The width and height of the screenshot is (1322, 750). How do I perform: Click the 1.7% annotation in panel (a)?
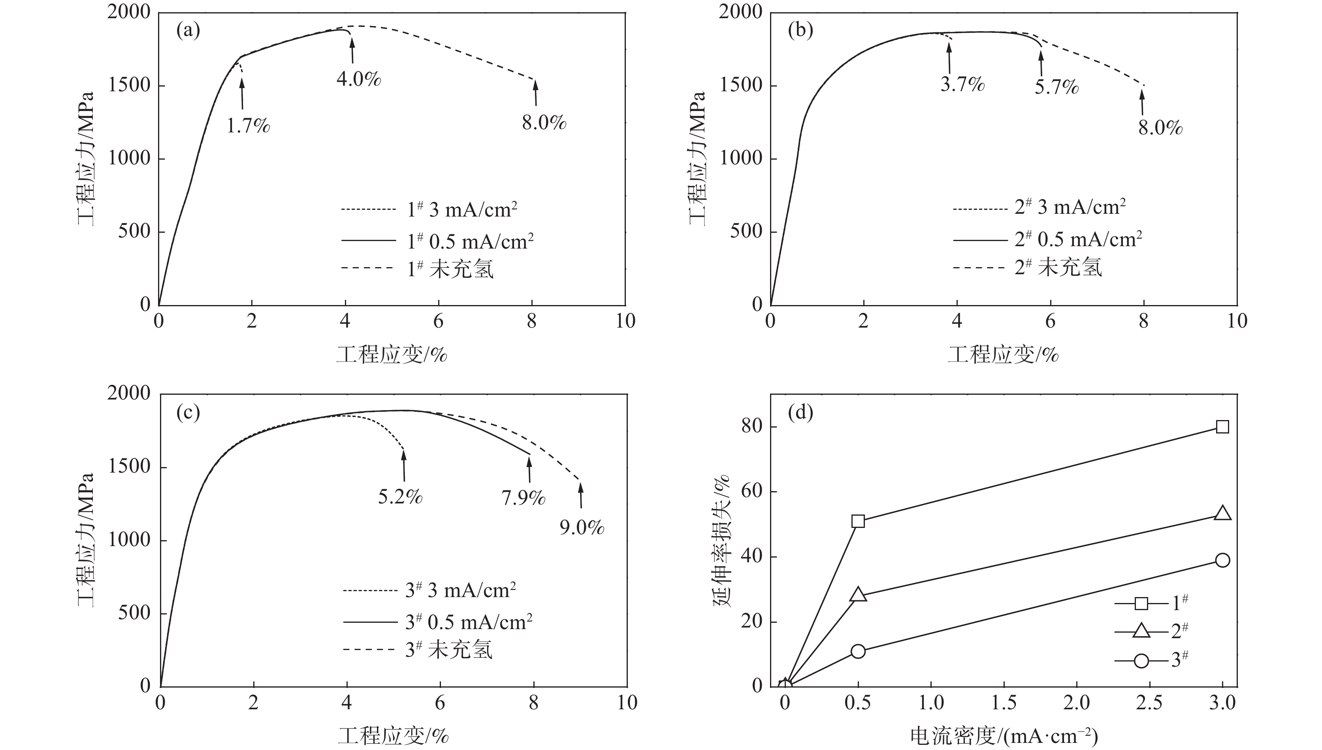coord(248,126)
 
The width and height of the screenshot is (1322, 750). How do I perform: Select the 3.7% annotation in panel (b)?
coord(962,84)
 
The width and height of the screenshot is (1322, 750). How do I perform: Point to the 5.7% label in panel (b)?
coord(1056,87)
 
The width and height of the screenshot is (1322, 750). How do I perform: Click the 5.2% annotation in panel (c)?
coord(400,497)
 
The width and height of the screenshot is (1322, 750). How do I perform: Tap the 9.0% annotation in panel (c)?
coord(582,528)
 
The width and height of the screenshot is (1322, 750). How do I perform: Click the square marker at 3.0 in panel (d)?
coord(1222,426)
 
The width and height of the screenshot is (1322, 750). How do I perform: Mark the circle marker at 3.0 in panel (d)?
coord(1222,560)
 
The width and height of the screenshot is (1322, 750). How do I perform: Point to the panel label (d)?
coord(800,413)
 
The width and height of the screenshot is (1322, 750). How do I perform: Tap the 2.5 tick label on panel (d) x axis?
coord(1149,703)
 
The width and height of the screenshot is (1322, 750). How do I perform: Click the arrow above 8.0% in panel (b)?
coord(1142,102)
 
